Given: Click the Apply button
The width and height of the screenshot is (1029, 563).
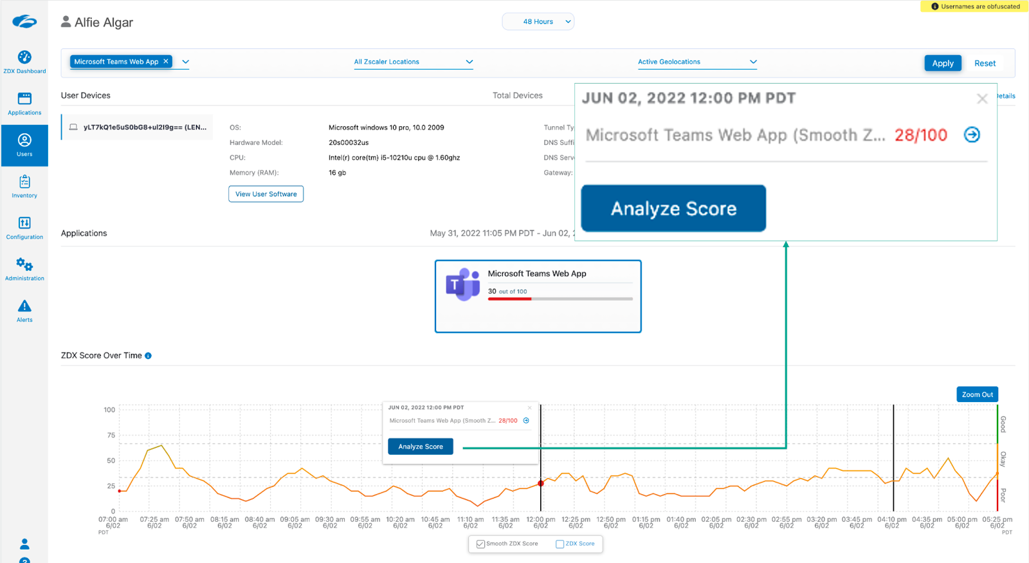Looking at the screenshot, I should coord(943,63).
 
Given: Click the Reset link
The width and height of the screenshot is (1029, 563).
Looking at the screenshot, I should coord(985,63).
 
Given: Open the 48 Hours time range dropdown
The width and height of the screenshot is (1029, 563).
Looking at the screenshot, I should coord(538,22).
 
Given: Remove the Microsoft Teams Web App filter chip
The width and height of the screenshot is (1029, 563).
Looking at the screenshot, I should coord(166,61).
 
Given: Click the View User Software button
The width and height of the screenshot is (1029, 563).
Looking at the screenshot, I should coord(266,194).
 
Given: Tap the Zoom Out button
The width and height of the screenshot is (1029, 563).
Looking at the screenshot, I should coord(977,394).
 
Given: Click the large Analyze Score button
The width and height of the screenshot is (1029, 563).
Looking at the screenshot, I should coord(673,208).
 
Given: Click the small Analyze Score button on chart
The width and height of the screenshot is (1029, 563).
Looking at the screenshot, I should coord(421,447).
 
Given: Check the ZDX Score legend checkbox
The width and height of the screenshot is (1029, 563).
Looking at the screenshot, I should coord(560,544).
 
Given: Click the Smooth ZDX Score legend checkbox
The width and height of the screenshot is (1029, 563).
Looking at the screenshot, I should coord(480,544).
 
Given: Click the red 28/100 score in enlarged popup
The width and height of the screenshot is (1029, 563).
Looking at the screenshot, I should coord(920,135).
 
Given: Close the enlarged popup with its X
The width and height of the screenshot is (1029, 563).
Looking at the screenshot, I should coord(982,98).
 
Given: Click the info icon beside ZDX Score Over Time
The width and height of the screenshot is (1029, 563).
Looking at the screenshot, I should coord(149,356).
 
